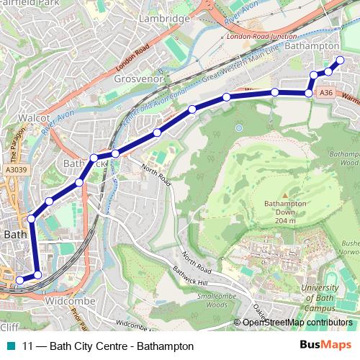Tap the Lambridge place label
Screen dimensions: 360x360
(165, 17)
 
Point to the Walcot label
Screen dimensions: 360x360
(34, 117)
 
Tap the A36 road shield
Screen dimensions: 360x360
(326, 93)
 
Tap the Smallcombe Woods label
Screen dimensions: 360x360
(217, 300)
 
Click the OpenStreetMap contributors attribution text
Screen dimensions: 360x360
(297, 323)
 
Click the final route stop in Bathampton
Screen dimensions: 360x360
(340, 60)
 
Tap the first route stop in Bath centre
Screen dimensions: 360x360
(19, 280)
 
